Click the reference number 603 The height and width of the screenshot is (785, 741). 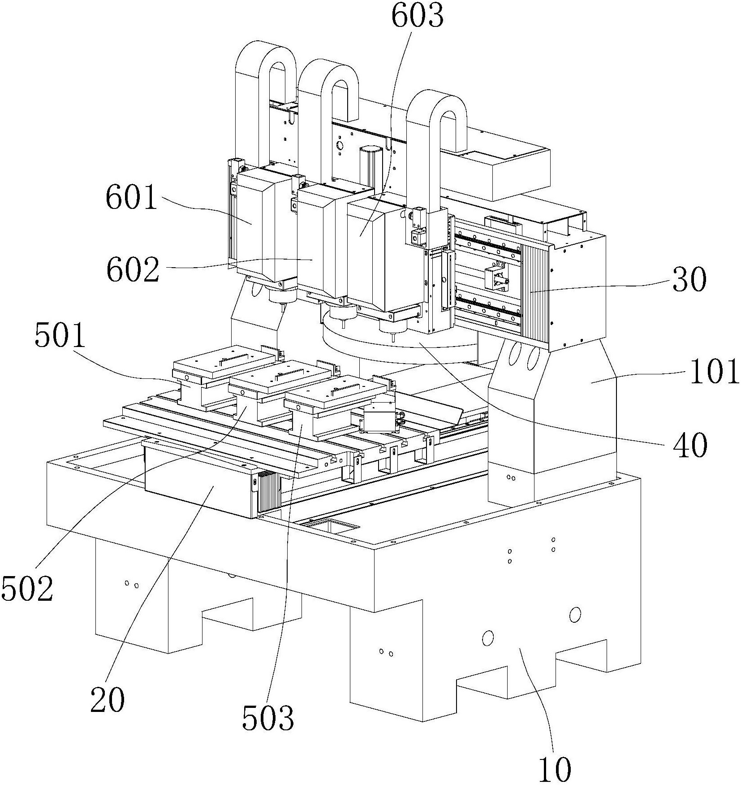(x=417, y=17)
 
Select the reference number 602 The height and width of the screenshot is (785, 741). (x=133, y=269)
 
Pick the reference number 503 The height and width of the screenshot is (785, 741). (x=268, y=717)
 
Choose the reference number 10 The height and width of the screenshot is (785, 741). (x=555, y=769)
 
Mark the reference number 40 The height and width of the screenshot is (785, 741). (x=690, y=445)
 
